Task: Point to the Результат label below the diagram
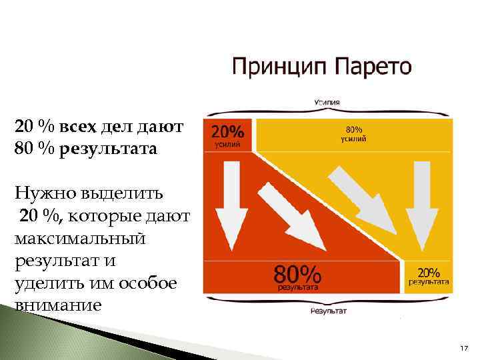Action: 329,311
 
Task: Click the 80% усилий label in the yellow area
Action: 353,134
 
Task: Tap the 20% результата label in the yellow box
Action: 429,276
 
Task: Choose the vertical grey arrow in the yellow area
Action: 419,203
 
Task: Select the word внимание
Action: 58,305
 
